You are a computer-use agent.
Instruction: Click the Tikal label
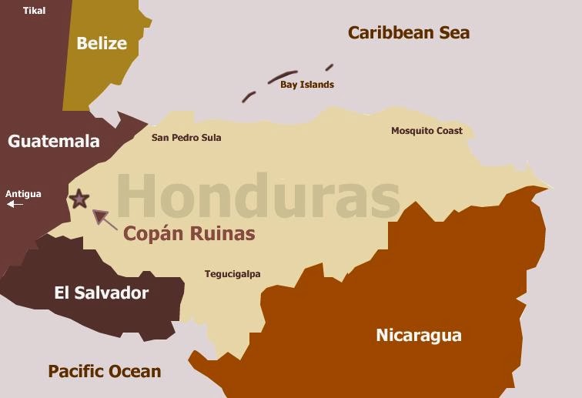tap(35, 11)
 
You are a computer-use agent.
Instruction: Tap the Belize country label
tap(102, 43)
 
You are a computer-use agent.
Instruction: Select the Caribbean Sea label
tap(408, 32)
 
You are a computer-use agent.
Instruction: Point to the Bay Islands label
tap(307, 85)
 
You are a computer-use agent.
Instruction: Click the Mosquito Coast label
tap(426, 131)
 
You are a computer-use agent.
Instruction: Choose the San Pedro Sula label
tap(186, 138)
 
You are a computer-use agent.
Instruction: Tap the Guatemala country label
tap(54, 141)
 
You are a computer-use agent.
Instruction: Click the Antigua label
tap(24, 194)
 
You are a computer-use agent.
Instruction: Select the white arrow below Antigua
tap(15, 204)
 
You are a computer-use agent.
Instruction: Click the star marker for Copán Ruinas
tap(79, 199)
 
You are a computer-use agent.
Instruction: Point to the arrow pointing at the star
tap(105, 219)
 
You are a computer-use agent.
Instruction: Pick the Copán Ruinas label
tap(189, 233)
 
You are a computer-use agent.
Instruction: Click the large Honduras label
tap(258, 196)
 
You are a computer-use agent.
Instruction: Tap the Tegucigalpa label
tap(232, 274)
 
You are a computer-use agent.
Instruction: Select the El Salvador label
tap(102, 293)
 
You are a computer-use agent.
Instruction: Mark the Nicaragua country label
tap(419, 335)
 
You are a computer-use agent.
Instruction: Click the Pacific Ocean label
tap(105, 371)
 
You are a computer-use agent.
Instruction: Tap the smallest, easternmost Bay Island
tap(329, 67)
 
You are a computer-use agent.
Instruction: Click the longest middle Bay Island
tap(283, 77)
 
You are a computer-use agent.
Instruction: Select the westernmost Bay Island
tap(249, 97)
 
